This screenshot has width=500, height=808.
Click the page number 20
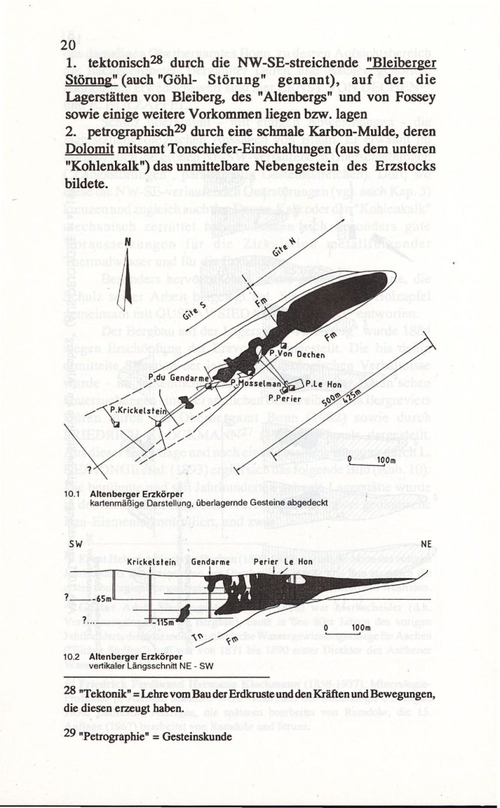pyautogui.click(x=68, y=46)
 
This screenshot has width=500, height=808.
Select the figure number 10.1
pyautogui.click(x=74, y=493)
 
